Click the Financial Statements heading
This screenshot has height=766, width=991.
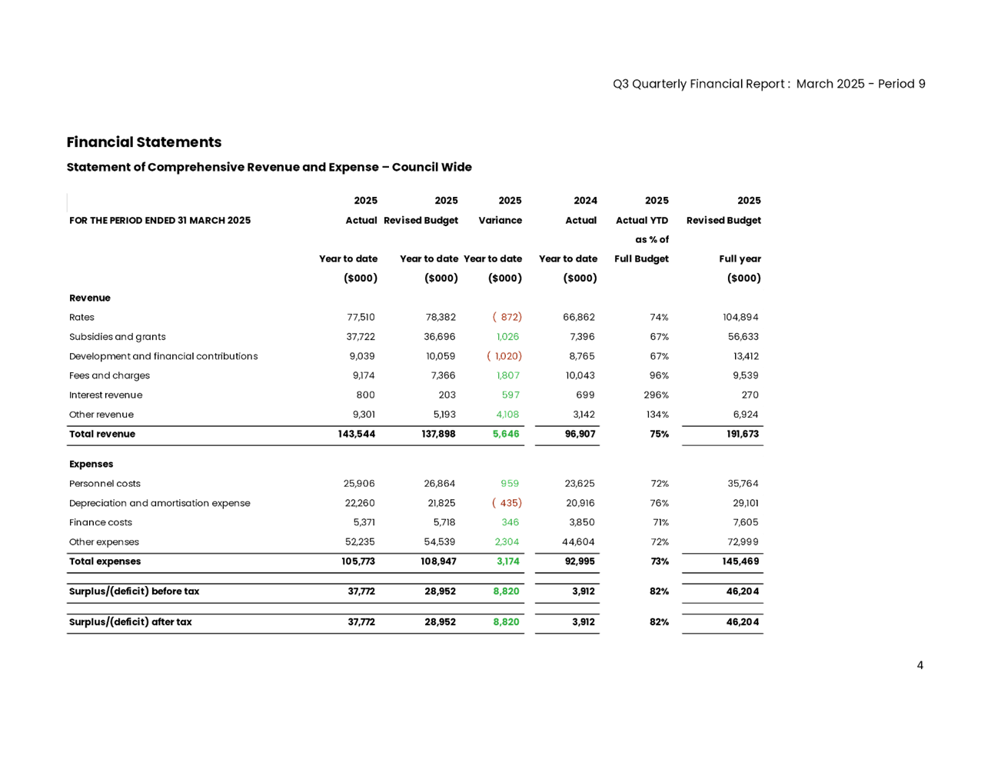coord(144,142)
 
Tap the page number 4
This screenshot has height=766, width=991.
coord(920,665)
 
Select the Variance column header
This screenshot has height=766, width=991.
coord(500,221)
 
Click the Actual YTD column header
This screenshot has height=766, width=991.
coord(642,221)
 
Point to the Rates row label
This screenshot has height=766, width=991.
coord(81,317)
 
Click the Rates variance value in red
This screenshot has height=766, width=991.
coord(507,317)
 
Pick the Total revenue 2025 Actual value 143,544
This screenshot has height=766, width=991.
coord(356,435)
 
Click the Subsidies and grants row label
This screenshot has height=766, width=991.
coord(117,337)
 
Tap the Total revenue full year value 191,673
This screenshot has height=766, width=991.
coord(742,435)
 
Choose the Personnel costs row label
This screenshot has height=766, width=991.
coord(105,484)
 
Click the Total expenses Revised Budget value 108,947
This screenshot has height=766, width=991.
coord(437,561)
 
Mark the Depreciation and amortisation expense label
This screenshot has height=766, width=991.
coord(159,504)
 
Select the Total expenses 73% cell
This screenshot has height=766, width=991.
coord(659,561)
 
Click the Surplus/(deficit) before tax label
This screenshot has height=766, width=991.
coord(134,591)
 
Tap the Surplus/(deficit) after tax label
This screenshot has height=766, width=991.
coord(130,622)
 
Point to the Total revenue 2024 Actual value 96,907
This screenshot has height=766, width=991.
coord(579,435)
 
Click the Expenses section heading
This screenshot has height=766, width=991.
coord(91,465)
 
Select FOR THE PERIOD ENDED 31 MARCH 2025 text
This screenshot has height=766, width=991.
coord(159,221)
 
